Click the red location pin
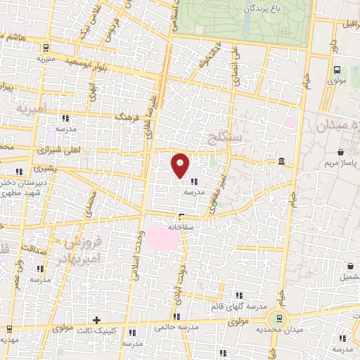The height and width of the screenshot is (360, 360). (x=181, y=165)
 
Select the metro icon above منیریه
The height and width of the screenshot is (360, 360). (x=46, y=49)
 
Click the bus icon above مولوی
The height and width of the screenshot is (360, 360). (x=337, y=70)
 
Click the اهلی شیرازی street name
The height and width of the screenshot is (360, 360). (x=69, y=150)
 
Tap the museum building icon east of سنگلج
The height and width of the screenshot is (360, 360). (x=281, y=162)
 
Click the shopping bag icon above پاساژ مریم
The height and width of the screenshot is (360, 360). (x=341, y=152)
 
